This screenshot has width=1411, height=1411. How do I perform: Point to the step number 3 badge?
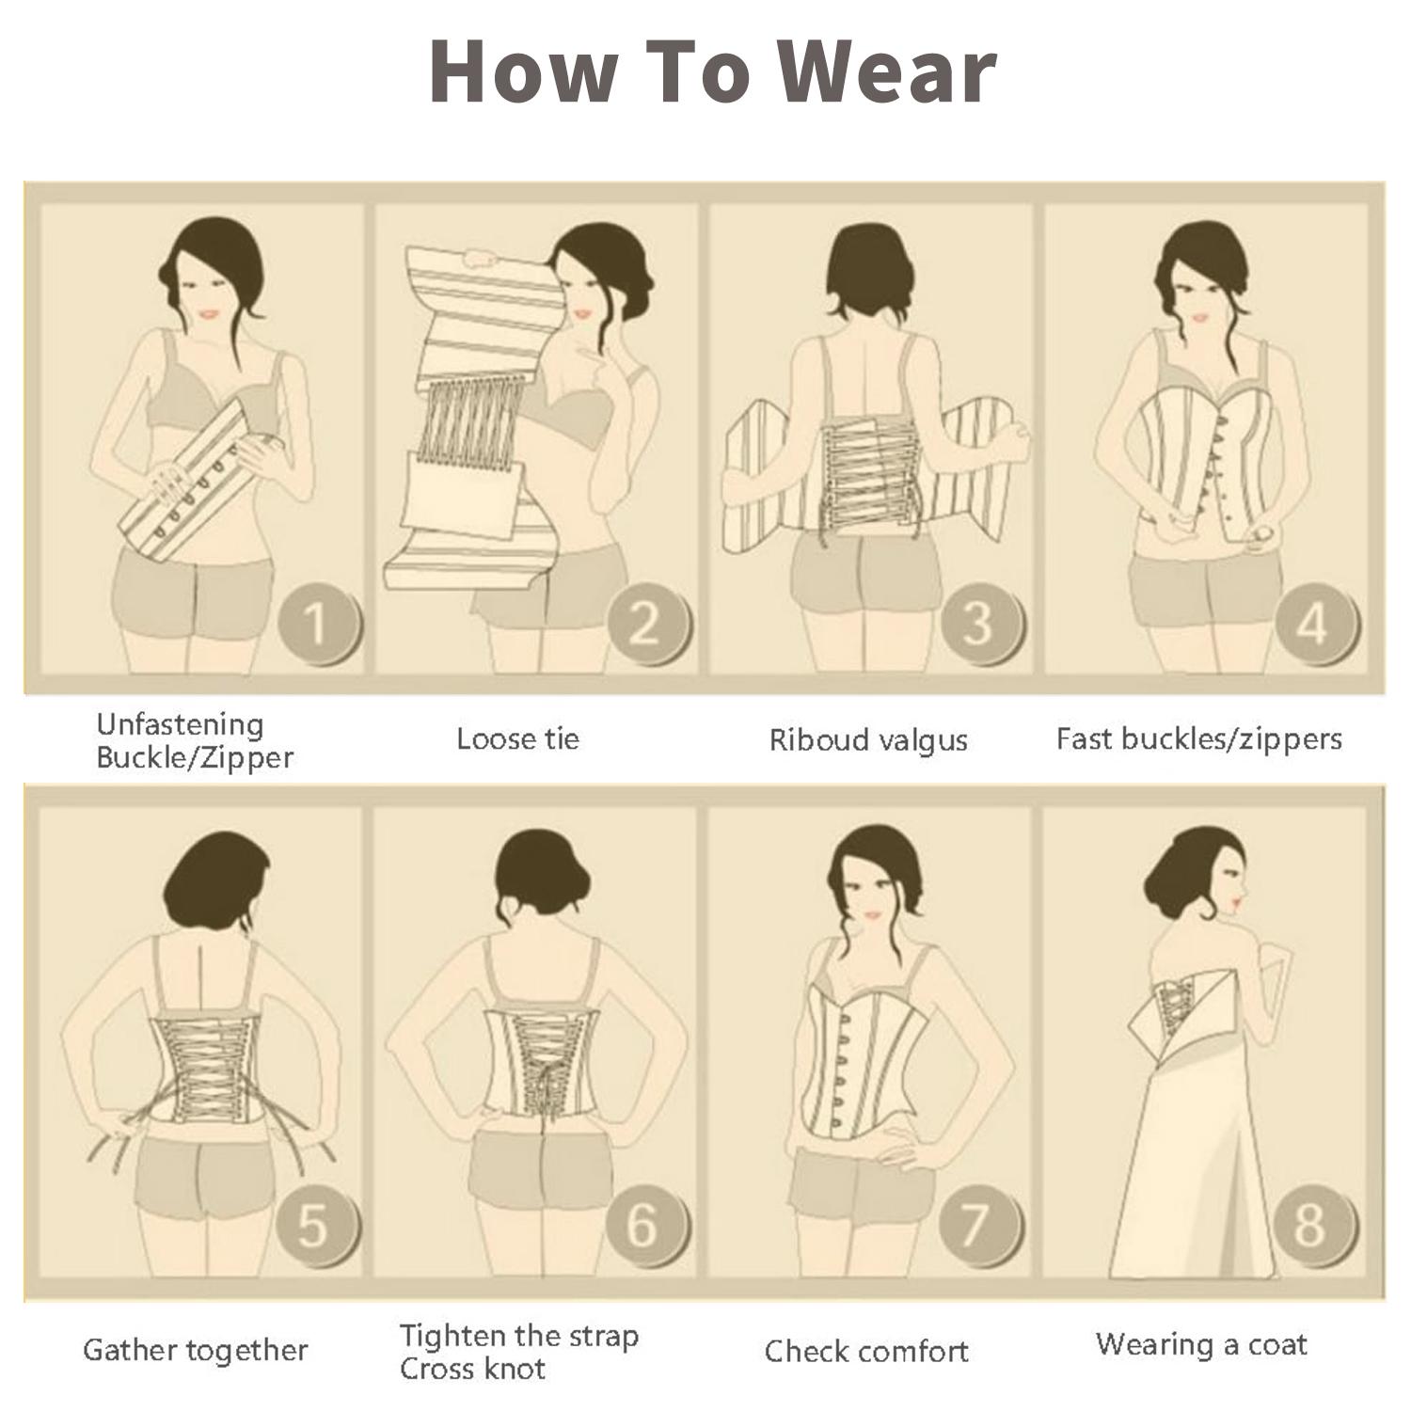[981, 623]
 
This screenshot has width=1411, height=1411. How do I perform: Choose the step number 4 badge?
[1315, 623]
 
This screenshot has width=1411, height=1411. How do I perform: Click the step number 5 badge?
[317, 1226]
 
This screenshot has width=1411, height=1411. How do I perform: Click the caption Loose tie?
[517, 738]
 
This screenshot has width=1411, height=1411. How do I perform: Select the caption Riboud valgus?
[868, 741]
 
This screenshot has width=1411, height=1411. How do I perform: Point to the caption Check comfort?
[866, 1352]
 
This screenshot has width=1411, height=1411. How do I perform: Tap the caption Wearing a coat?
[1201, 1344]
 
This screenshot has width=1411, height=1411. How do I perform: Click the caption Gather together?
[196, 1351]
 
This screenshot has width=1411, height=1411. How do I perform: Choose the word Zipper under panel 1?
[244, 758]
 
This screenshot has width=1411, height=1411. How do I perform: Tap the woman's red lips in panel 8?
[1237, 907]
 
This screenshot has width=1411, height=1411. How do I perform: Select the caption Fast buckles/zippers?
[1198, 739]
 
